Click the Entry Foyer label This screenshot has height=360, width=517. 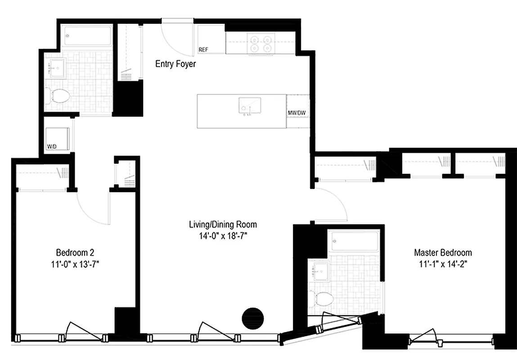[175, 64]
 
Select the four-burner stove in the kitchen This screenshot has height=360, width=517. [262, 44]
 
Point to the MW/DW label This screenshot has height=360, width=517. [297, 113]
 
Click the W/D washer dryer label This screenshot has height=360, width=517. [52, 146]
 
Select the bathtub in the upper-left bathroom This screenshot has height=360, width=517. [87, 36]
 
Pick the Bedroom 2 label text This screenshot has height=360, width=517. [75, 252]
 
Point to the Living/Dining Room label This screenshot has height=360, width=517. [223, 224]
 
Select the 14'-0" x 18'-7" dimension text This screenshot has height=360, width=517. [223, 235]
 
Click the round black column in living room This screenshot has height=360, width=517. [252, 318]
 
